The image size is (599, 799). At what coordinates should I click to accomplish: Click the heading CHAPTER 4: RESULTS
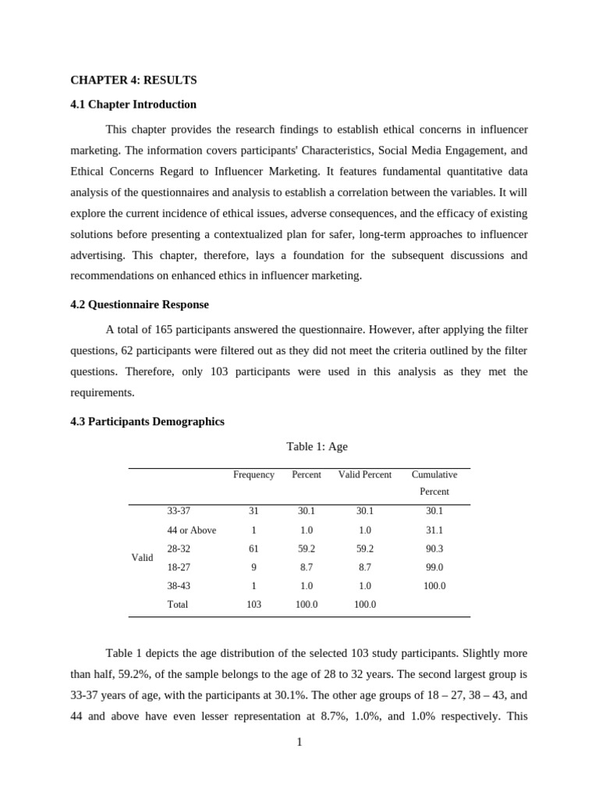(133, 80)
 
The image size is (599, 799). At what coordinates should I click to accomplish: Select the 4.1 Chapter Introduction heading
(133, 105)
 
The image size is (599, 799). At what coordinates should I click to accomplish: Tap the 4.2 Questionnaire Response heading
(140, 304)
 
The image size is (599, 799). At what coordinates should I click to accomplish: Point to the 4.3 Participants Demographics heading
(147, 421)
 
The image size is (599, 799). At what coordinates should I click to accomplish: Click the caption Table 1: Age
(317, 446)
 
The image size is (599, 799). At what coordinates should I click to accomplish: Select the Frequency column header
(253, 474)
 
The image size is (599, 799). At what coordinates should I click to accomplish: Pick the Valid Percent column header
(364, 474)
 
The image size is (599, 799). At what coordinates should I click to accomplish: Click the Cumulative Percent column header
(434, 482)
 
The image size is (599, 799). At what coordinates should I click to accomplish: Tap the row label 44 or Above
(191, 530)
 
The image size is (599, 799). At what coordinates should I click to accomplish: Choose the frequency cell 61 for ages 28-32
(253, 549)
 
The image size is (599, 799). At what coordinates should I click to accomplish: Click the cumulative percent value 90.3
(434, 549)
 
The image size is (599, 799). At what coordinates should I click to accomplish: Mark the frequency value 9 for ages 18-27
(253, 567)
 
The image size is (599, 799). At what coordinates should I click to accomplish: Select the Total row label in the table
(177, 604)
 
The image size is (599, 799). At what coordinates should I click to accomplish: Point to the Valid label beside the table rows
(142, 558)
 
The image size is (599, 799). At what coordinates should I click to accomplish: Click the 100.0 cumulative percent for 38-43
(434, 585)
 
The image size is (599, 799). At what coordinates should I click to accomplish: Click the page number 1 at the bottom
(299, 742)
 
